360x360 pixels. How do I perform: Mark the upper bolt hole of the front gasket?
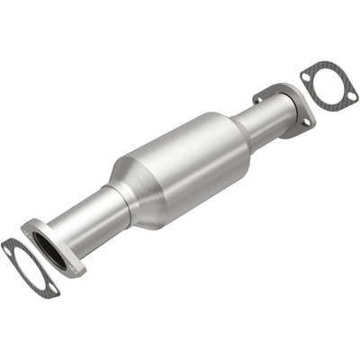coord(8,244)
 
